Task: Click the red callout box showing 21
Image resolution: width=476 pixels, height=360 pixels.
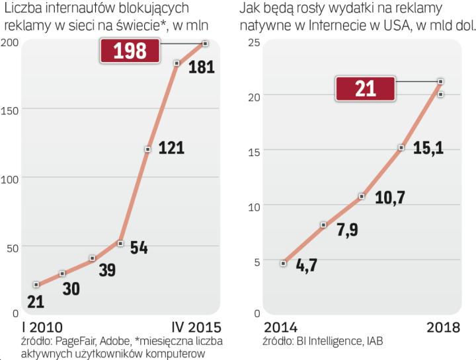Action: click(365, 89)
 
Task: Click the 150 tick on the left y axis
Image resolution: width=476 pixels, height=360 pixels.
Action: click(10, 109)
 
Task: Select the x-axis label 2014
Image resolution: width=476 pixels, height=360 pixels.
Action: click(280, 327)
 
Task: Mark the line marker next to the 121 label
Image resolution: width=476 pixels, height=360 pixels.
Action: click(147, 149)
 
